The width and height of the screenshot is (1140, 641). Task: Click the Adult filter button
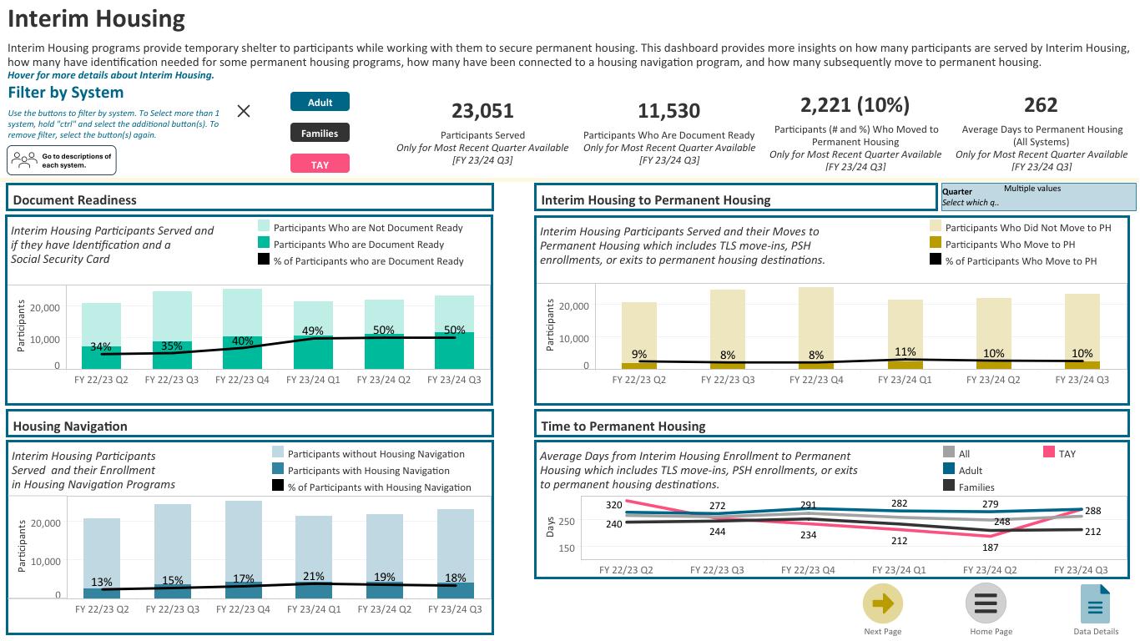click(320, 102)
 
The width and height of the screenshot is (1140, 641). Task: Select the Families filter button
click(320, 133)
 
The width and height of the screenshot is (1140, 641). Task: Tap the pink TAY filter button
click(320, 164)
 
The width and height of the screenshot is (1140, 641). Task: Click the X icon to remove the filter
click(244, 111)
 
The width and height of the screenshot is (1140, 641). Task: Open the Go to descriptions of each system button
click(62, 160)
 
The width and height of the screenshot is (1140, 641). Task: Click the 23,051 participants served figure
click(482, 111)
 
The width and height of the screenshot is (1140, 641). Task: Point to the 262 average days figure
click(1041, 105)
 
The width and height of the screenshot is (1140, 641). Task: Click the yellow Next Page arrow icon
click(882, 603)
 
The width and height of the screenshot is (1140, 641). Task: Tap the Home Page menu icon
click(986, 603)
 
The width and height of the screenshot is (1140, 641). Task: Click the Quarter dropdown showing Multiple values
click(1038, 197)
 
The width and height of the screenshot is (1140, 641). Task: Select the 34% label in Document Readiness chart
click(101, 346)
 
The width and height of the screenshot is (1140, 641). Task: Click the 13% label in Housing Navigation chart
click(101, 582)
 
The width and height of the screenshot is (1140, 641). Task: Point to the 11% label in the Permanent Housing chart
click(905, 352)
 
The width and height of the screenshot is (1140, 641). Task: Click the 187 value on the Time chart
click(990, 548)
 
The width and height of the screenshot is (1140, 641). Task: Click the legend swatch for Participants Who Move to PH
click(936, 244)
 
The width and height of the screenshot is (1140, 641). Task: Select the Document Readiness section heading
click(75, 199)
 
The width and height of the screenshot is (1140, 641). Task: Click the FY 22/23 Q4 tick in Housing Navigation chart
click(243, 609)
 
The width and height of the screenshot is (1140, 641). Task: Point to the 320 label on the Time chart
click(614, 505)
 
